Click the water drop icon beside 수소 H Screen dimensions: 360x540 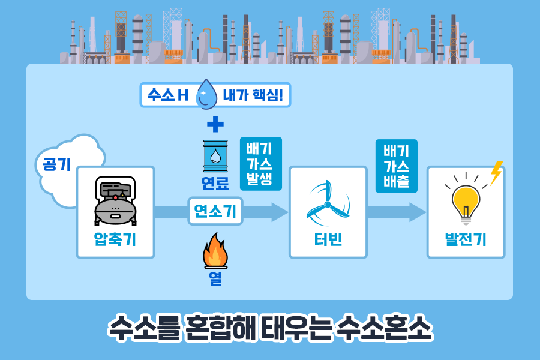(x=208, y=94)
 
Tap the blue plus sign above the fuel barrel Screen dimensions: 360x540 (x=215, y=125)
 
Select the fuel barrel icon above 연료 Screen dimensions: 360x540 (x=215, y=156)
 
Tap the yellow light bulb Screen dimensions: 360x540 (x=465, y=200)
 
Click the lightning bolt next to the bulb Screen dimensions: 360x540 (x=496, y=173)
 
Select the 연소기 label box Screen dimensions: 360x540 (x=215, y=211)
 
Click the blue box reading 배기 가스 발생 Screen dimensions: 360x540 (x=260, y=164)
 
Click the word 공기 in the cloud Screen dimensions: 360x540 (x=56, y=164)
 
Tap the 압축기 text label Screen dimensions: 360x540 (x=115, y=240)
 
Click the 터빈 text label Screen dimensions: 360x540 (x=328, y=240)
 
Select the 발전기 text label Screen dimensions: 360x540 (x=466, y=240)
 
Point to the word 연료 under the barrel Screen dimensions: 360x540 (x=215, y=182)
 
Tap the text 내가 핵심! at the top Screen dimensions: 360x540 (x=252, y=95)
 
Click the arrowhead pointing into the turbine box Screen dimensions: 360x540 (x=280, y=212)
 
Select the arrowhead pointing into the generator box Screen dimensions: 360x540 (x=418, y=212)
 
